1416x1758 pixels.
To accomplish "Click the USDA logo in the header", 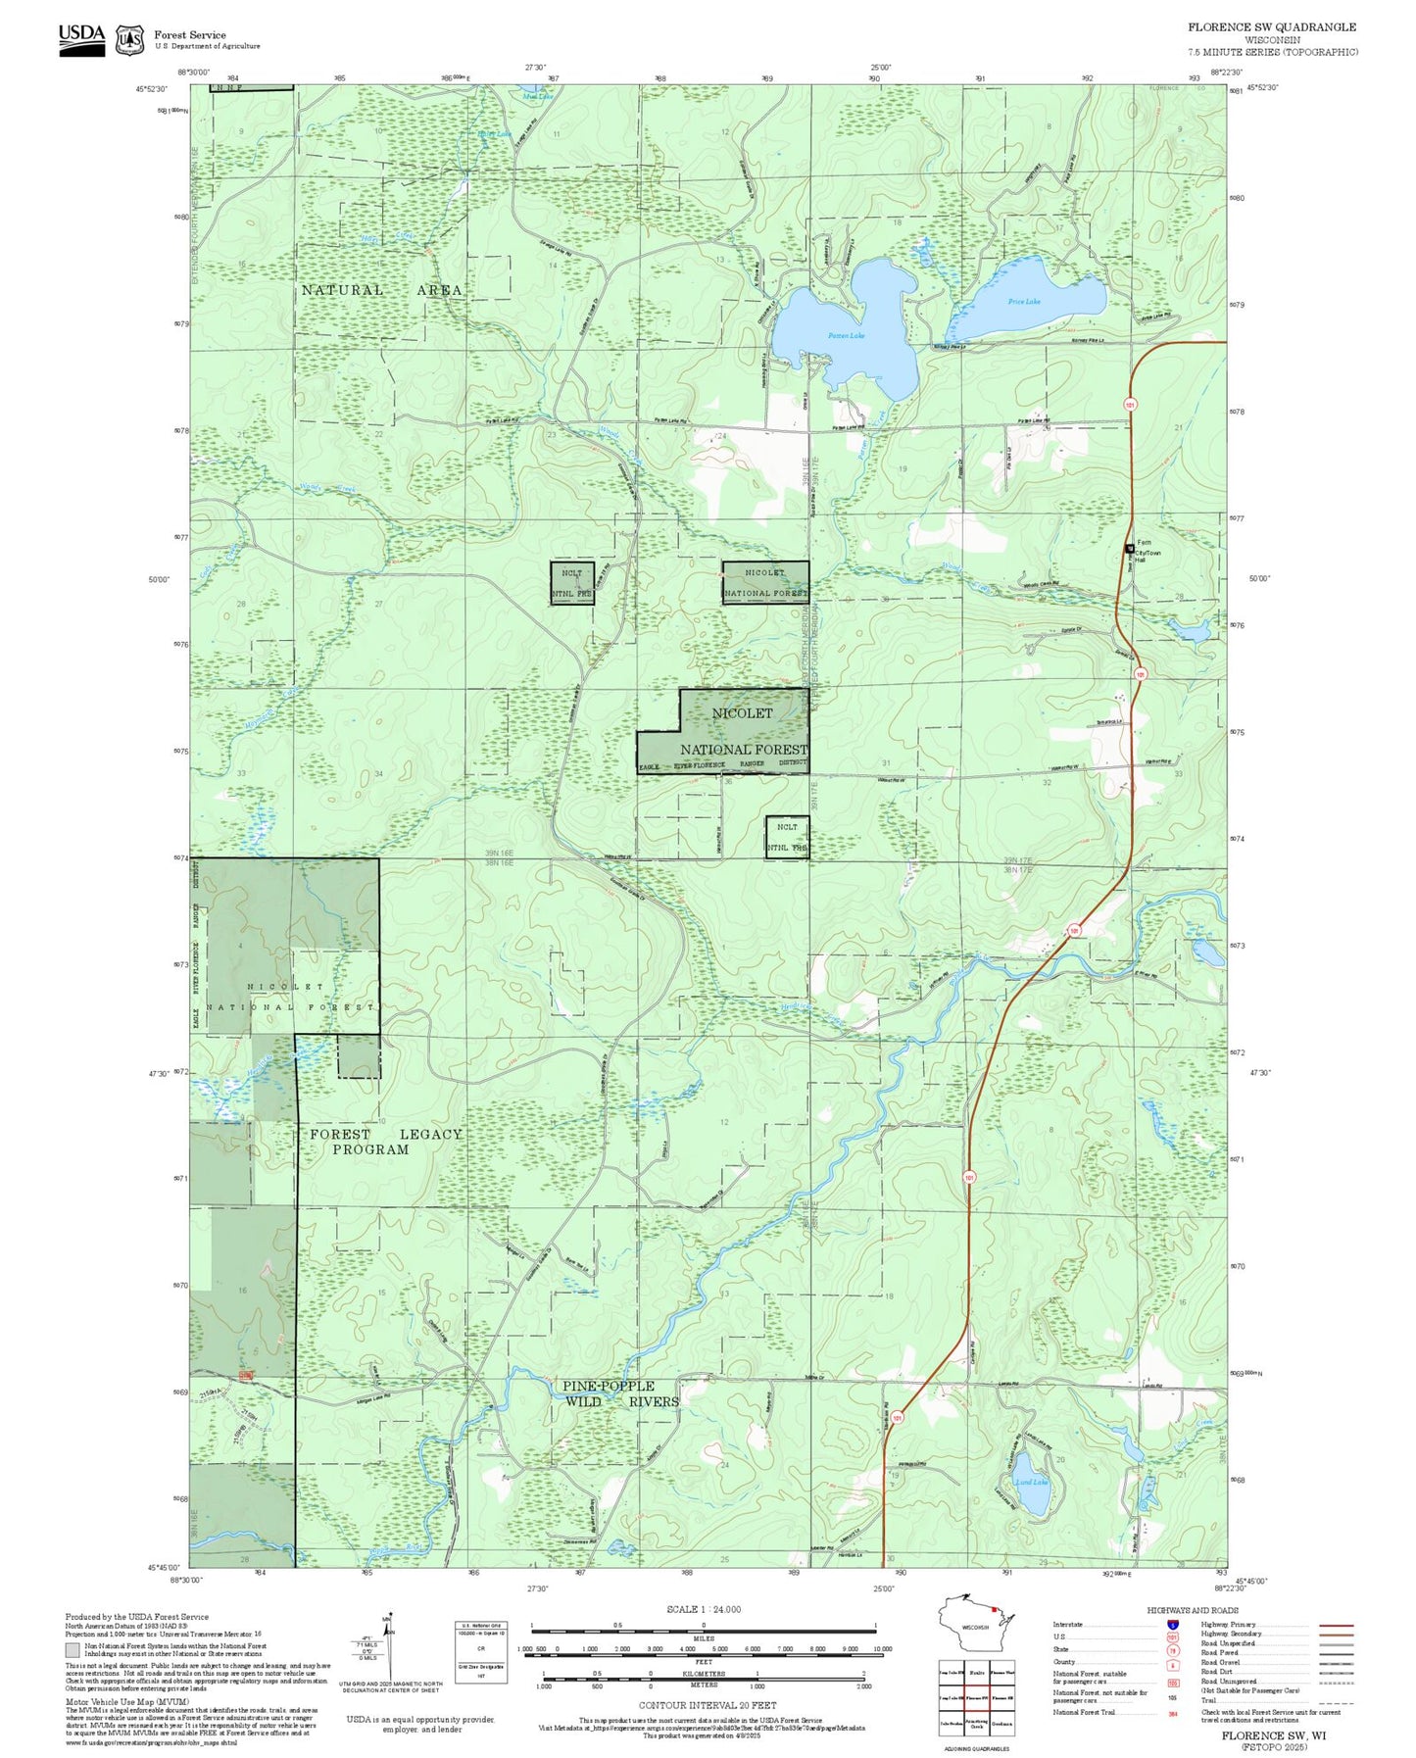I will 81,38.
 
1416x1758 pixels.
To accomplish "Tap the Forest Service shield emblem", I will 129,39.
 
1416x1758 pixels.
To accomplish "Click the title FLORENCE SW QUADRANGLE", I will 1272,27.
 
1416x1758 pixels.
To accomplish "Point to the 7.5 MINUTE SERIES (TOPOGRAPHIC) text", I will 1272,52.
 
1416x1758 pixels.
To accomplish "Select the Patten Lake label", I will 846,335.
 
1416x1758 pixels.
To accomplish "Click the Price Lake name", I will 1024,302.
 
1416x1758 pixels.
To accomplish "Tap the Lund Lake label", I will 1032,1483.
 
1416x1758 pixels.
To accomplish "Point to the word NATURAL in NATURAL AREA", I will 342,290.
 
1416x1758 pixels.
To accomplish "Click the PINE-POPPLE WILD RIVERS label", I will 620,1393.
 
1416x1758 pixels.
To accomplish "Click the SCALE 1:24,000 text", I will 703,1609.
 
